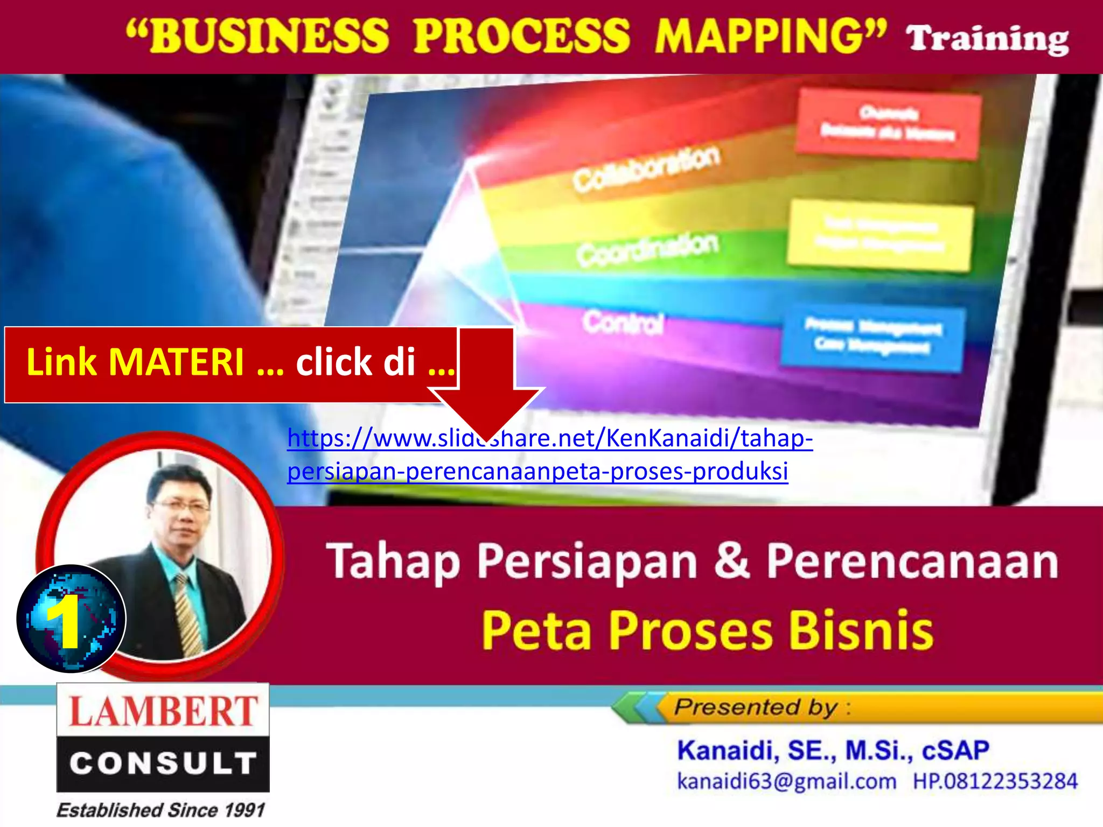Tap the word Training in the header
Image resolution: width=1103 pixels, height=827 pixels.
coord(987,39)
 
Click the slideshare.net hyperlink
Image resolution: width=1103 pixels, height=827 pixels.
coord(549,454)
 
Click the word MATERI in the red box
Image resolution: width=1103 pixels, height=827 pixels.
coord(176,362)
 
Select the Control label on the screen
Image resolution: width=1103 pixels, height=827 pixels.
coord(622,323)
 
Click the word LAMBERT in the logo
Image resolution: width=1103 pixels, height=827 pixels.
coord(163,711)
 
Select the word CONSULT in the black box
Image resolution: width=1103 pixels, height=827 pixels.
coord(163,763)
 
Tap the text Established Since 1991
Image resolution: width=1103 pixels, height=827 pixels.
coord(161,810)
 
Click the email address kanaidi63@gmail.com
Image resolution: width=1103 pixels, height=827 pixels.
coord(786,781)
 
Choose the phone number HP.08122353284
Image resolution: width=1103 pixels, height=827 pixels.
coord(995,781)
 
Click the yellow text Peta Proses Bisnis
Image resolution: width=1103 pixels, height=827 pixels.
coord(707,630)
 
